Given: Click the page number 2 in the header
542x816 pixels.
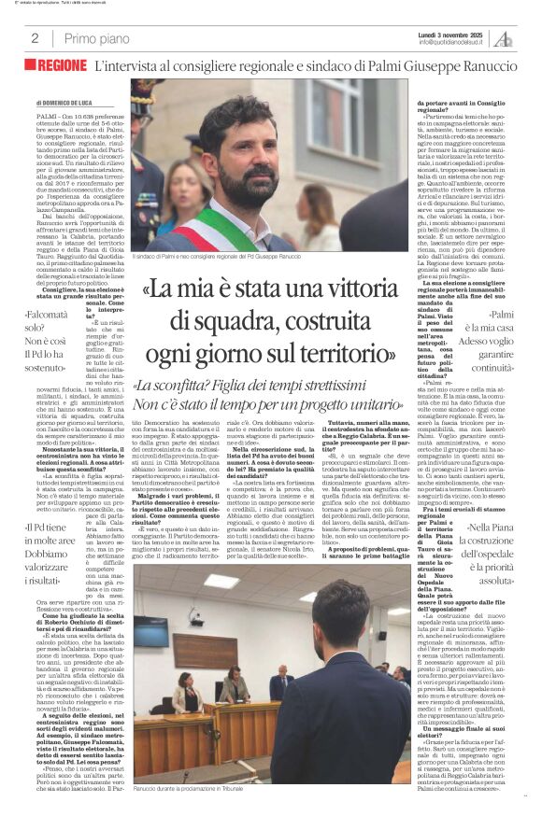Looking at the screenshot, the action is pyautogui.click(x=35, y=38).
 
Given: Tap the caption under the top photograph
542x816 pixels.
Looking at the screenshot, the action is pyautogui.click(x=244, y=255).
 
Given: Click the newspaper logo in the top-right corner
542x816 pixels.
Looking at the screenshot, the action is pyautogui.click(x=504, y=37).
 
